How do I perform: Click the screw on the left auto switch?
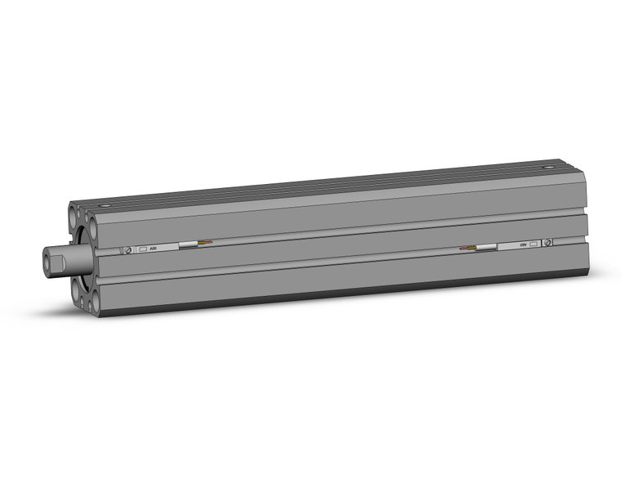[x=127, y=250]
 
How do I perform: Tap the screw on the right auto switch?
[x=547, y=242]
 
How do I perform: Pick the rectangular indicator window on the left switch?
[x=143, y=249]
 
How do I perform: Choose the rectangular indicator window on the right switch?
[x=534, y=243]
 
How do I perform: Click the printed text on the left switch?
[x=156, y=248]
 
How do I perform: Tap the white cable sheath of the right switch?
[x=487, y=245]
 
